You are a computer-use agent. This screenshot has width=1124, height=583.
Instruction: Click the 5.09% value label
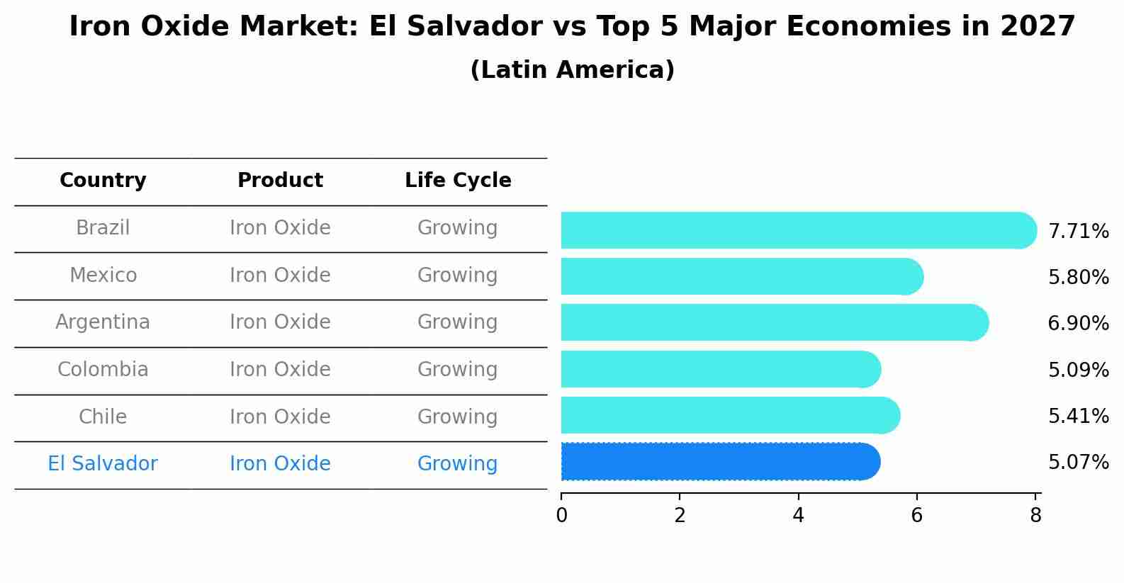point(1078,370)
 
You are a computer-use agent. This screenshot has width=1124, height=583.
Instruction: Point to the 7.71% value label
point(1078,231)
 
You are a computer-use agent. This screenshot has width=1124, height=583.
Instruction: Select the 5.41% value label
point(1078,416)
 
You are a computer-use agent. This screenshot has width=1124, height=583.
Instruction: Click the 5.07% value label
point(1078,462)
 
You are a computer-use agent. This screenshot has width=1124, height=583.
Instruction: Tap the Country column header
point(103,181)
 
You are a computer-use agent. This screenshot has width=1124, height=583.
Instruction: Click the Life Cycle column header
point(458,181)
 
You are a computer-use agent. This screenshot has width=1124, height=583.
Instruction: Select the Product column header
point(280,181)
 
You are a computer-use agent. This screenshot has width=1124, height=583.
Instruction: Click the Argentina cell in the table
point(103,322)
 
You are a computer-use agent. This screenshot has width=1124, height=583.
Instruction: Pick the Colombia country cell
point(103,370)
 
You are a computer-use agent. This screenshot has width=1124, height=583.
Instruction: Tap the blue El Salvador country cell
point(103,464)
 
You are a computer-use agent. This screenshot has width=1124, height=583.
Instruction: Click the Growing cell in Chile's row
point(457,417)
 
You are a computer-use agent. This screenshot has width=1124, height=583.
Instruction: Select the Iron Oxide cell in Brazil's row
point(280,228)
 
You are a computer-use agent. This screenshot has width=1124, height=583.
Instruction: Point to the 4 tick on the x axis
point(798,516)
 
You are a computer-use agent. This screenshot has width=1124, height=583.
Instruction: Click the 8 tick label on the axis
point(1035,516)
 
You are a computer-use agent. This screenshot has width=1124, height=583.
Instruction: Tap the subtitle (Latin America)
point(572,70)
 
